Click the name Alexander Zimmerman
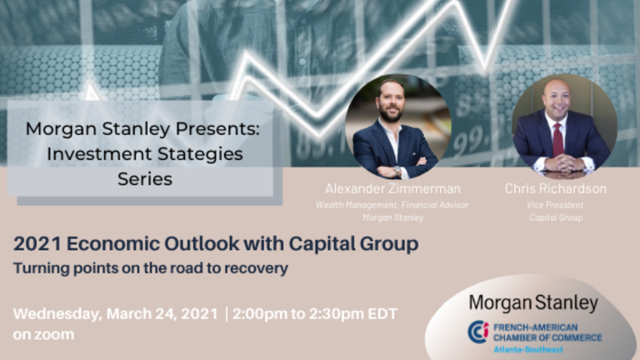point(392,188)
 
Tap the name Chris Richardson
point(556,188)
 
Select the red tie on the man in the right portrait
point(557,140)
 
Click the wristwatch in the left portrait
point(397,171)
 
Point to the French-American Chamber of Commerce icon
point(478,332)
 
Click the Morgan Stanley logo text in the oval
point(533,303)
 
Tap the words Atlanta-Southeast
point(528,349)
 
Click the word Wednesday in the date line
point(57,314)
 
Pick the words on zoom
point(43,335)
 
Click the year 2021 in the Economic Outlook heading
point(37,243)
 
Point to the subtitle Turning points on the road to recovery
point(151,268)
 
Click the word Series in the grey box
point(145,179)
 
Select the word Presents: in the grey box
point(217,129)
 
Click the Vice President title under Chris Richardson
point(555,205)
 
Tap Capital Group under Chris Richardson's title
point(556,217)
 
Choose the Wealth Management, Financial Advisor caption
point(392,205)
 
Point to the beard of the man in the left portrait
point(391,113)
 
